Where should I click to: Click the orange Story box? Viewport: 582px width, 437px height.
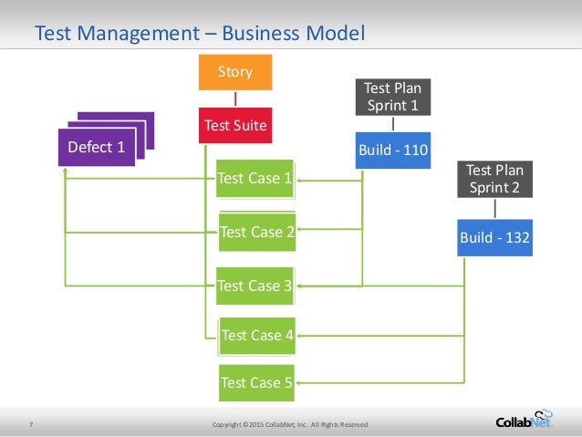click(x=235, y=72)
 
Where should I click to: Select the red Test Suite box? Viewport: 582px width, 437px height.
click(x=235, y=126)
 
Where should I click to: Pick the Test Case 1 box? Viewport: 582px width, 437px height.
click(x=255, y=179)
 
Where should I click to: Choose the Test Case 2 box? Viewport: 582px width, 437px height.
click(x=256, y=232)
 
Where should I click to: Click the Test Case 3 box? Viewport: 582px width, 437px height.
click(x=255, y=286)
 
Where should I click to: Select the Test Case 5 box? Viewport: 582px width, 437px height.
click(x=256, y=383)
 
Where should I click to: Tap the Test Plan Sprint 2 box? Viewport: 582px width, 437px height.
click(x=495, y=178)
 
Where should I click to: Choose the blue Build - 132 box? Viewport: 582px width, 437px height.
click(x=495, y=238)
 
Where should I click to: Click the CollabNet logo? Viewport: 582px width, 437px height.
click(x=525, y=419)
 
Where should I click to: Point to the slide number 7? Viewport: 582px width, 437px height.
click(x=31, y=424)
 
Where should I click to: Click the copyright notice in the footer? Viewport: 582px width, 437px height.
click(x=290, y=425)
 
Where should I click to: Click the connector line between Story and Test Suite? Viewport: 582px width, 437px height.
click(x=235, y=99)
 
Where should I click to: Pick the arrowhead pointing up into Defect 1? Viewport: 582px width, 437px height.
click(x=66, y=171)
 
